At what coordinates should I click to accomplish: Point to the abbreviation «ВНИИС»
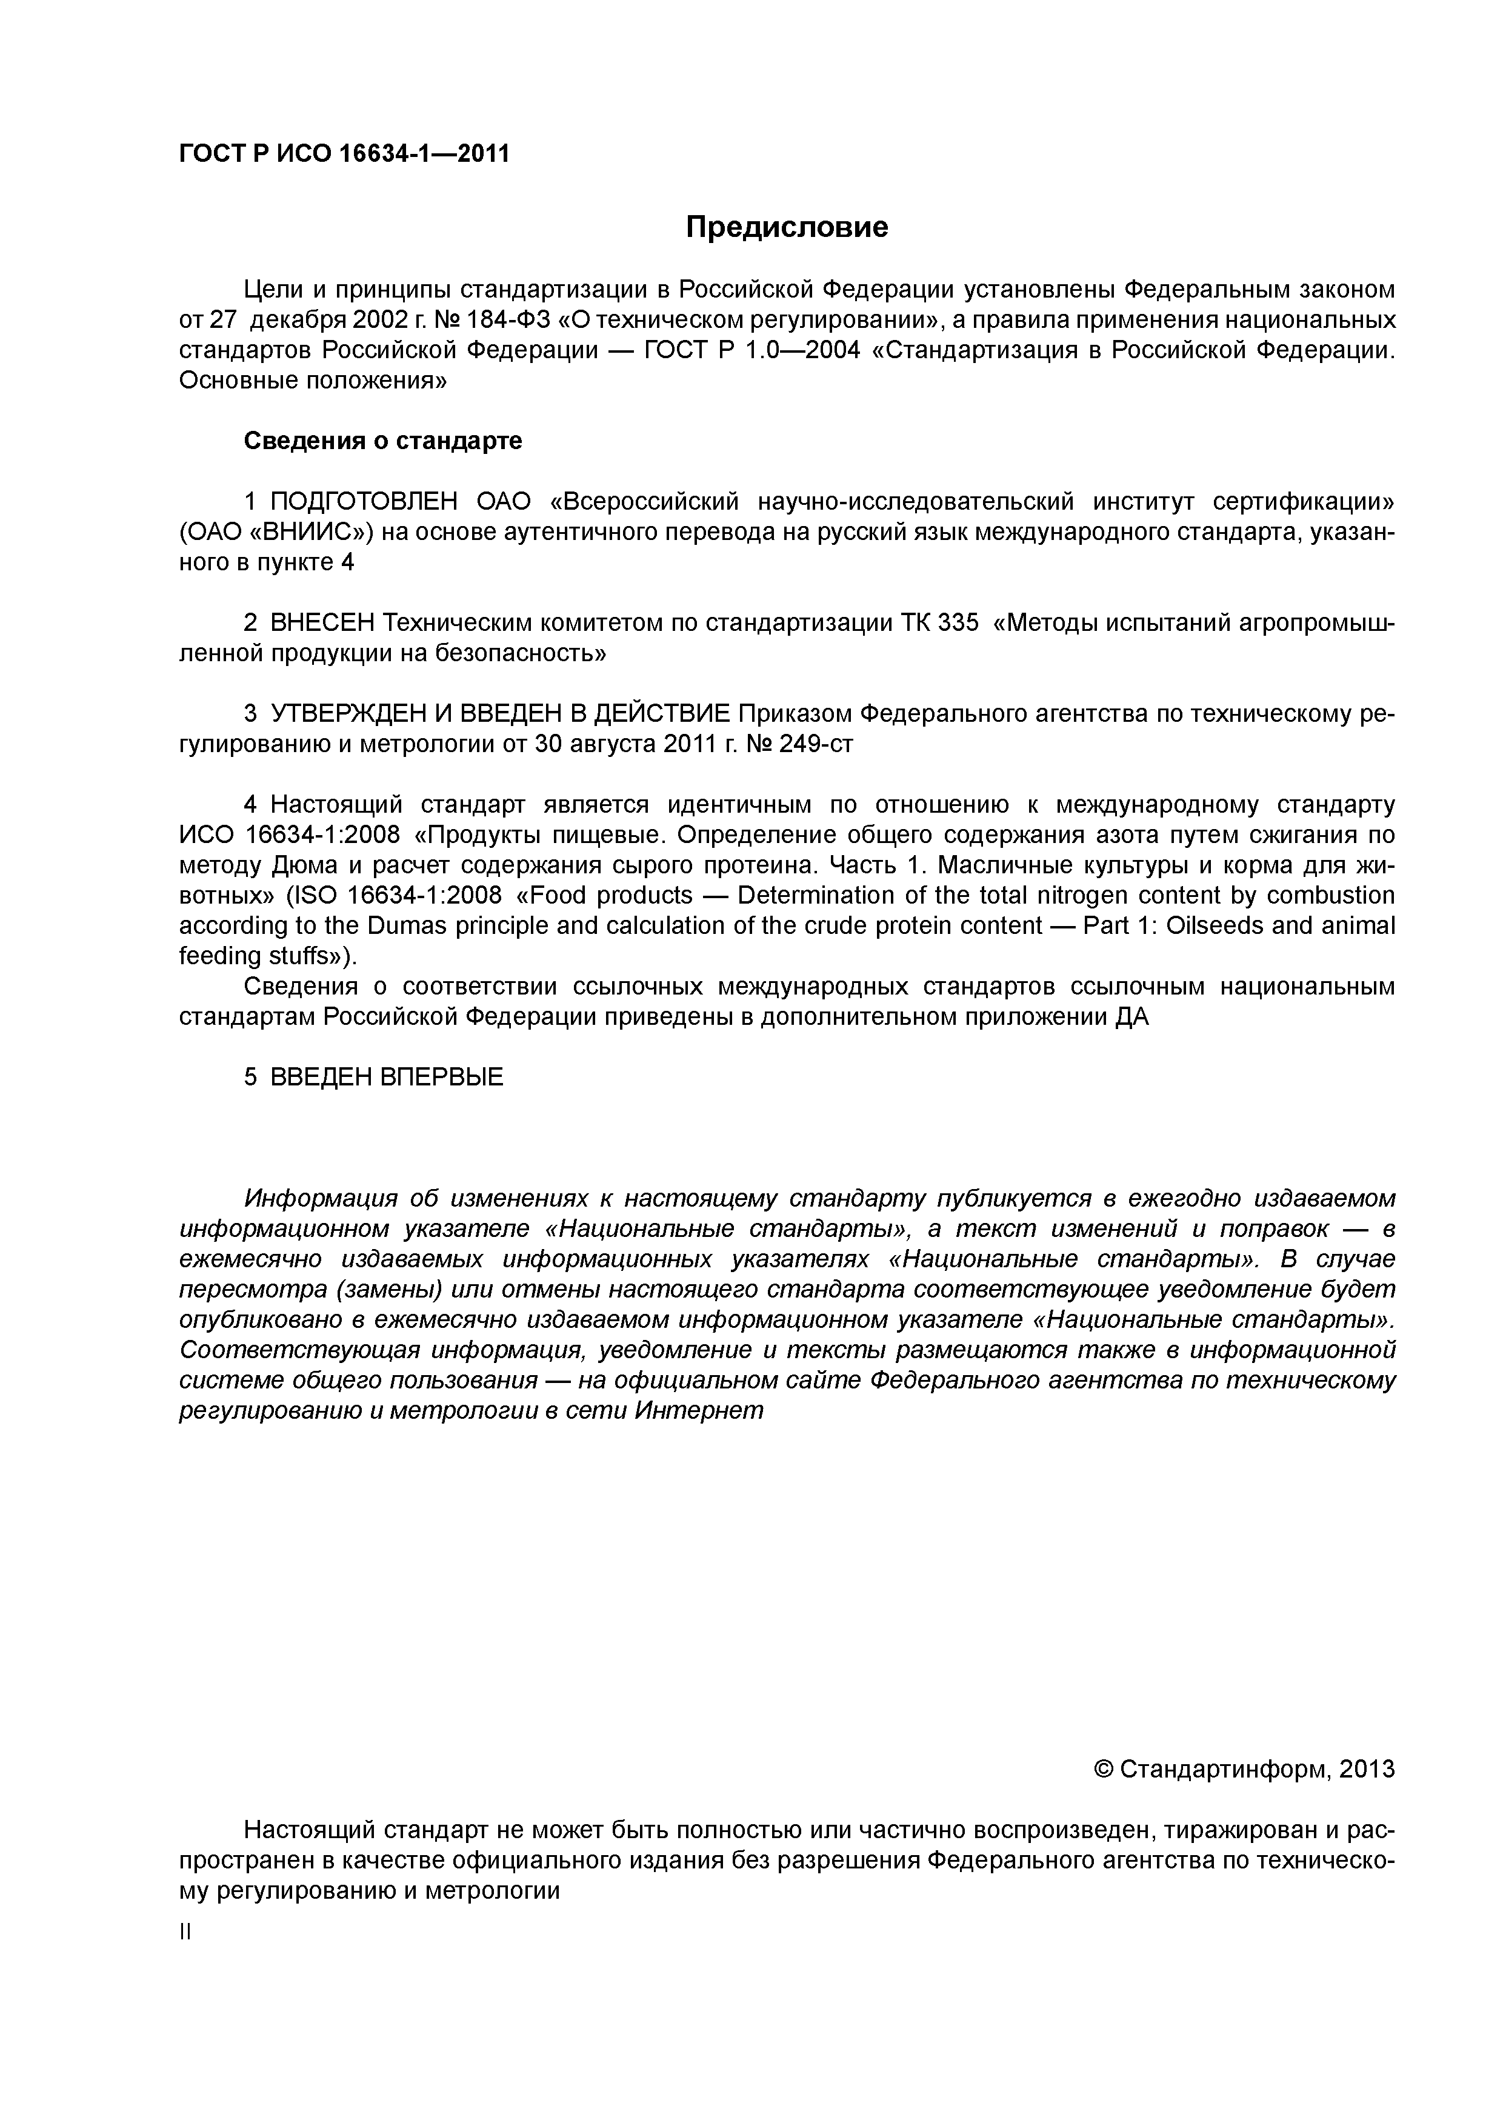[x=307, y=533]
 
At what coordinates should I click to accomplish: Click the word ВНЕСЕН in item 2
[x=322, y=623]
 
